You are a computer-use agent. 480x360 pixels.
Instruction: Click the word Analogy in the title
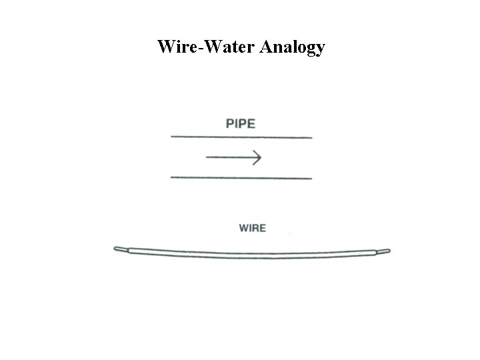(295, 47)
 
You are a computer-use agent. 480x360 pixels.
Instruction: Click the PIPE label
(241, 123)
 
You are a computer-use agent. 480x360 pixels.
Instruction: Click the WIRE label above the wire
(252, 228)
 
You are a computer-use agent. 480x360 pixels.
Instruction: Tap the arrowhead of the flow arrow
(257, 157)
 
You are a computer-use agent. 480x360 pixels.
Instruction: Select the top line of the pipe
(241, 137)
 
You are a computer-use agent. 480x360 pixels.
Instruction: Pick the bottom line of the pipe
(241, 178)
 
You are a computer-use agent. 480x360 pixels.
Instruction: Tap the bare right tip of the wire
(384, 251)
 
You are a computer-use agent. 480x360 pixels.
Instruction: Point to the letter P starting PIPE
(231, 123)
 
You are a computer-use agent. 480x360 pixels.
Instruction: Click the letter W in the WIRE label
(243, 228)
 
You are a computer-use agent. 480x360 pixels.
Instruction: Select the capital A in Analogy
(269, 47)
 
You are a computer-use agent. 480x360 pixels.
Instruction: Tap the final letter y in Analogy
(321, 49)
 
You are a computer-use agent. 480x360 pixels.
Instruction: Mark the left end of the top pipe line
(173, 137)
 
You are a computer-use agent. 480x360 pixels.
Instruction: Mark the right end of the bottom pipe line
(311, 178)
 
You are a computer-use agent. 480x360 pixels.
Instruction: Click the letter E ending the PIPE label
(251, 123)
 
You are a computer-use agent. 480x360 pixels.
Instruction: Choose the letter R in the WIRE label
(256, 228)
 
